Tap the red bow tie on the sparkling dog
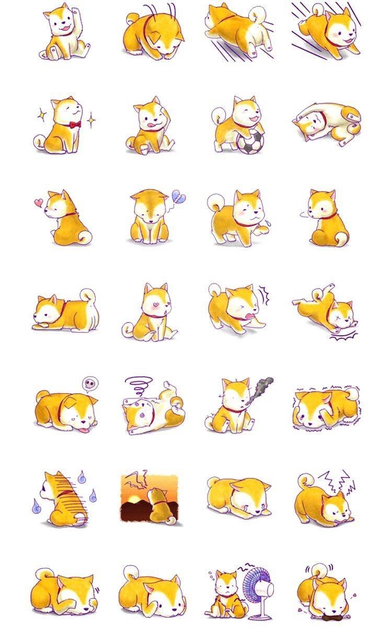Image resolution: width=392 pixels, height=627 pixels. point(75,124)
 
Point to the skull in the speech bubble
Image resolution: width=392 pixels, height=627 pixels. point(89,384)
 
